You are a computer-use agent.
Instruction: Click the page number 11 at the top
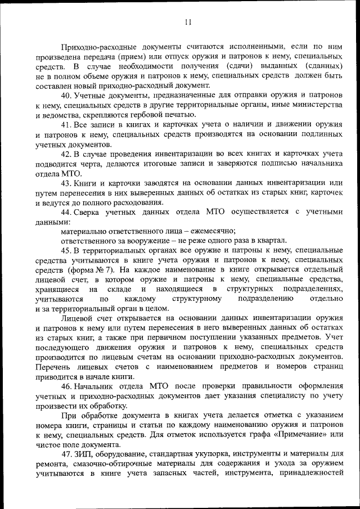[x=188, y=22]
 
